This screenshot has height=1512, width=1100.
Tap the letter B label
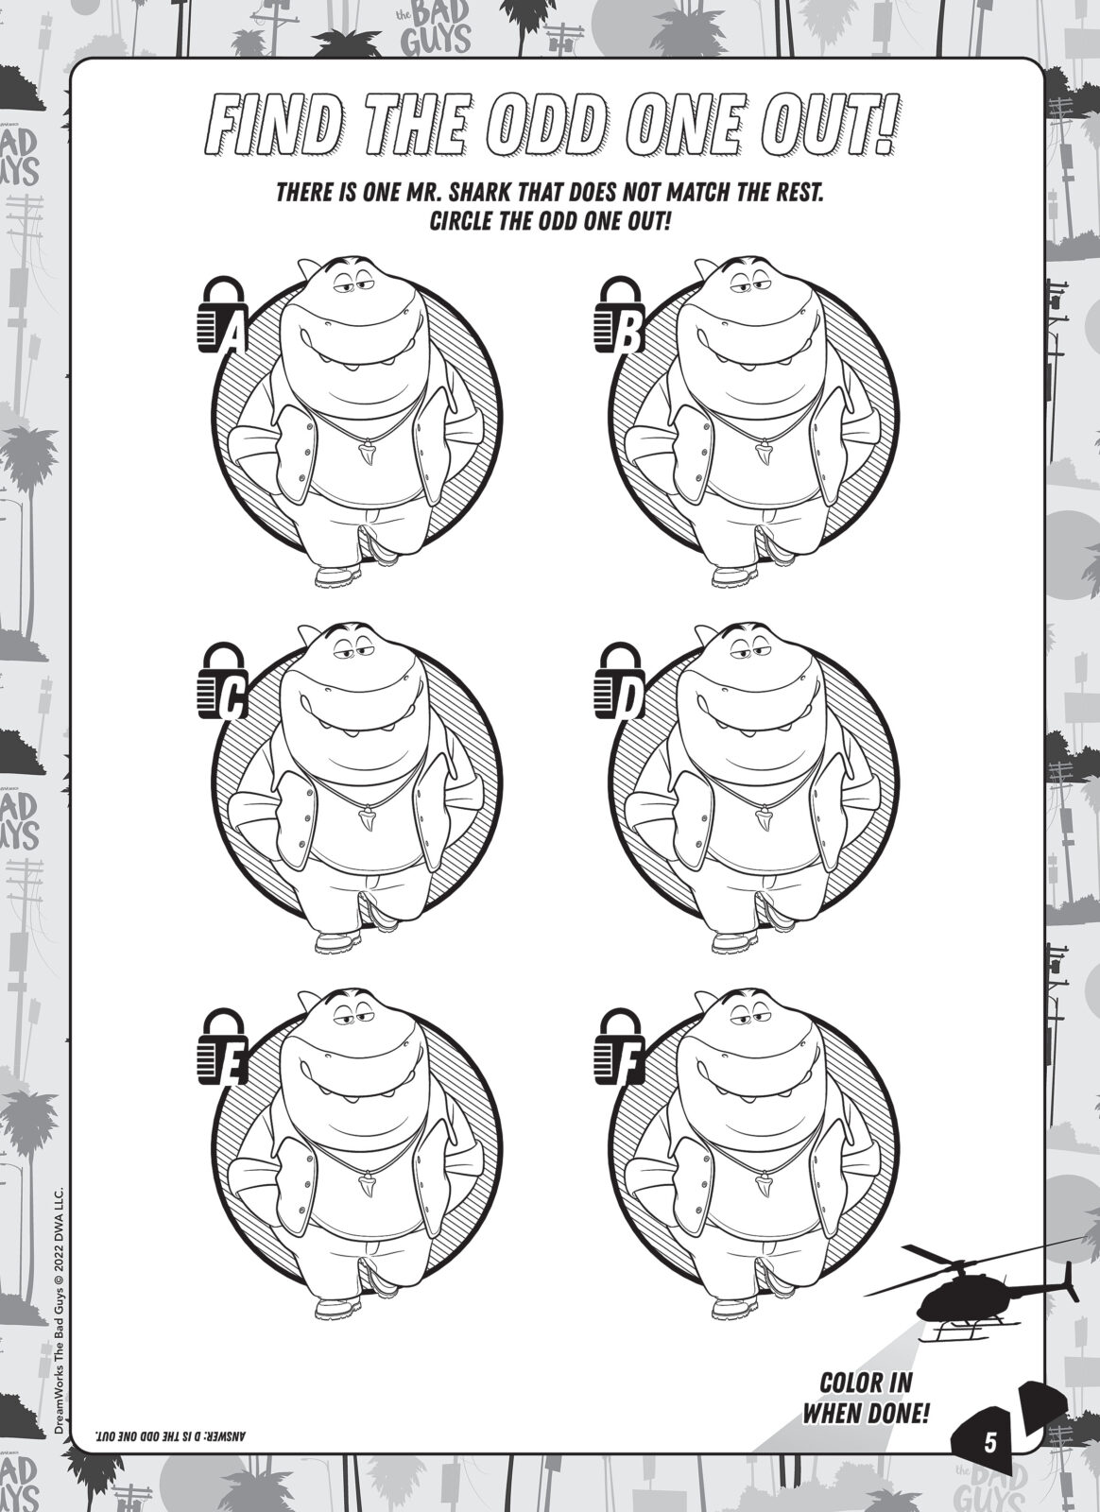pos(628,335)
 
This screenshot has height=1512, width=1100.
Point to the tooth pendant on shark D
pos(765,819)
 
